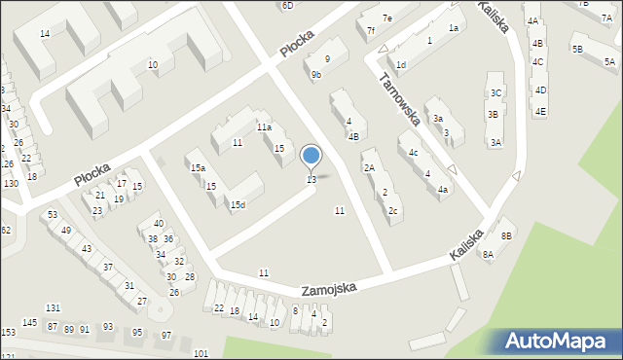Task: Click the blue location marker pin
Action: (x=311, y=156)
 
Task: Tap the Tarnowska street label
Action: (x=401, y=99)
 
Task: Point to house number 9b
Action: (x=316, y=74)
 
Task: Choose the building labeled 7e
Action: (x=386, y=18)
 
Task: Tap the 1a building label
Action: (x=453, y=28)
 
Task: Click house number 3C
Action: (x=495, y=92)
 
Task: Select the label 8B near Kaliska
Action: (x=506, y=235)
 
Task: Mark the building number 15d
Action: (x=238, y=205)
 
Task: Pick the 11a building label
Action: (x=264, y=127)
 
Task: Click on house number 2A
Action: (x=369, y=168)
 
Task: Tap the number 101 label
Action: (x=201, y=352)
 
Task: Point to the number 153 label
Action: (x=8, y=333)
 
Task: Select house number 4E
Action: (x=540, y=111)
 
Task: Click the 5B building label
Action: (x=577, y=49)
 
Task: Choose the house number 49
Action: (x=66, y=231)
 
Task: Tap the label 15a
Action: (x=198, y=168)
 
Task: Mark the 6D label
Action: (x=287, y=5)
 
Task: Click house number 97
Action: (x=166, y=335)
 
